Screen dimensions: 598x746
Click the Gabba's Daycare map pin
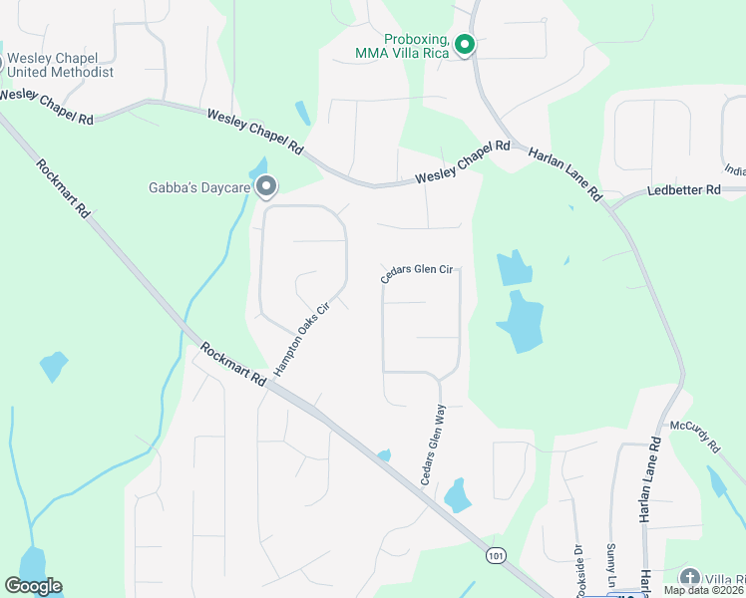[265, 186]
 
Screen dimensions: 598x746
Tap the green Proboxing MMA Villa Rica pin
[464, 44]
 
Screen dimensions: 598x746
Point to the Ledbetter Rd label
[683, 189]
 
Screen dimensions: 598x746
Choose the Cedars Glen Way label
[432, 445]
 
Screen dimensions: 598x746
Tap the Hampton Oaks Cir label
[301, 340]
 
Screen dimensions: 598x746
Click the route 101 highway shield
[496, 555]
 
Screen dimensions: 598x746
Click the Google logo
[33, 586]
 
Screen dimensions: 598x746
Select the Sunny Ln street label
[611, 566]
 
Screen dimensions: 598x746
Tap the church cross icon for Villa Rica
[689, 578]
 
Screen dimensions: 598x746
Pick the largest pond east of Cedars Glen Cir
[519, 321]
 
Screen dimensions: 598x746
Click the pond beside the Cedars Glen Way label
[457, 495]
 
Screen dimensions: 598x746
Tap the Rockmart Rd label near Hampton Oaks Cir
[232, 365]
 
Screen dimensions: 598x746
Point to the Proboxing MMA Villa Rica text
[410, 44]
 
